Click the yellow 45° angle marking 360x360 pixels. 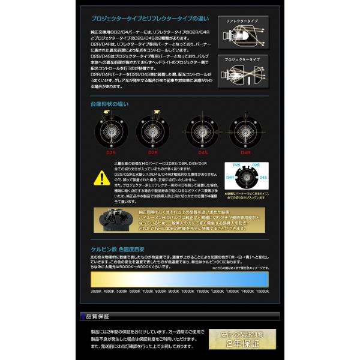[107, 112]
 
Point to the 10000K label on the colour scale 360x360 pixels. [187, 291]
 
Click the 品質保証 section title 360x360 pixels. [98, 317]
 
